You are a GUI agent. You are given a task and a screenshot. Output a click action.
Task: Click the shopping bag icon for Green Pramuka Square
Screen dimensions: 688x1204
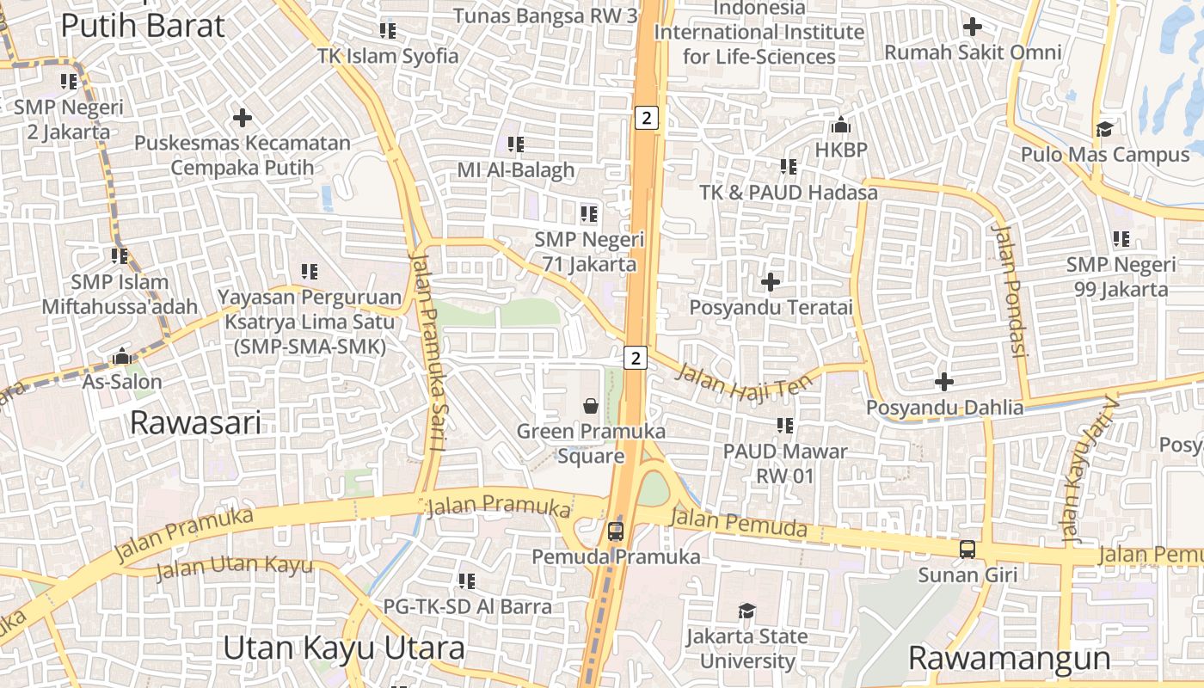591,405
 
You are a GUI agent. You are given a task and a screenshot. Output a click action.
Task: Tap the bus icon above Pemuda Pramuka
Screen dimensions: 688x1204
616,531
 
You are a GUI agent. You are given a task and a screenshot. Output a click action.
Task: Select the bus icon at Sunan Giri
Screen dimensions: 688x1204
967,549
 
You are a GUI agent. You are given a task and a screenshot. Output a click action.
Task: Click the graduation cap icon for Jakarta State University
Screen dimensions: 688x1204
746,611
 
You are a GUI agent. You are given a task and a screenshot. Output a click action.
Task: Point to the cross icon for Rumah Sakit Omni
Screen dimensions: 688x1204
973,27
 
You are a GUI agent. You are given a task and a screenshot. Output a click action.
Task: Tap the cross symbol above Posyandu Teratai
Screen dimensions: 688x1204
771,281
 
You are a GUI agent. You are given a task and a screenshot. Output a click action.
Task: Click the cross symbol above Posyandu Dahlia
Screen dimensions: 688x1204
944,381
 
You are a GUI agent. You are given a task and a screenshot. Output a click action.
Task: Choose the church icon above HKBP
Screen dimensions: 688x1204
841,126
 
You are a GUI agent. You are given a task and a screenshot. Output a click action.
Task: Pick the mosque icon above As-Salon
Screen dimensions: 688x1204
122,356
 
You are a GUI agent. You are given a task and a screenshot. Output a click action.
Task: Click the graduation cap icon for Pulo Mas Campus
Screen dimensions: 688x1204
1104,129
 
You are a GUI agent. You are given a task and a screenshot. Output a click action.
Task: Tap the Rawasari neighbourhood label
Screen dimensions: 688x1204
195,423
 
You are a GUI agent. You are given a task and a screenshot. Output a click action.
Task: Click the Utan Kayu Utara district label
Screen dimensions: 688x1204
344,648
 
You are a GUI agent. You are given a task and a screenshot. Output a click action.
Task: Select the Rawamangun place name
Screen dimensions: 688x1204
1010,659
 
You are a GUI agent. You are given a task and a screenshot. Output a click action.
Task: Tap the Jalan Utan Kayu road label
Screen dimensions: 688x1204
235,567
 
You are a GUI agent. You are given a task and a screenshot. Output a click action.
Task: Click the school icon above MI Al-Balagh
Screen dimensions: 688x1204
516,144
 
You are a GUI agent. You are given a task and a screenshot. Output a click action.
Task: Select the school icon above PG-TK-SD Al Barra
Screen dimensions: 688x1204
467,581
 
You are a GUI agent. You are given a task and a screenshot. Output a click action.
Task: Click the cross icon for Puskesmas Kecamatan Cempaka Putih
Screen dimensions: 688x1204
243,117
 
